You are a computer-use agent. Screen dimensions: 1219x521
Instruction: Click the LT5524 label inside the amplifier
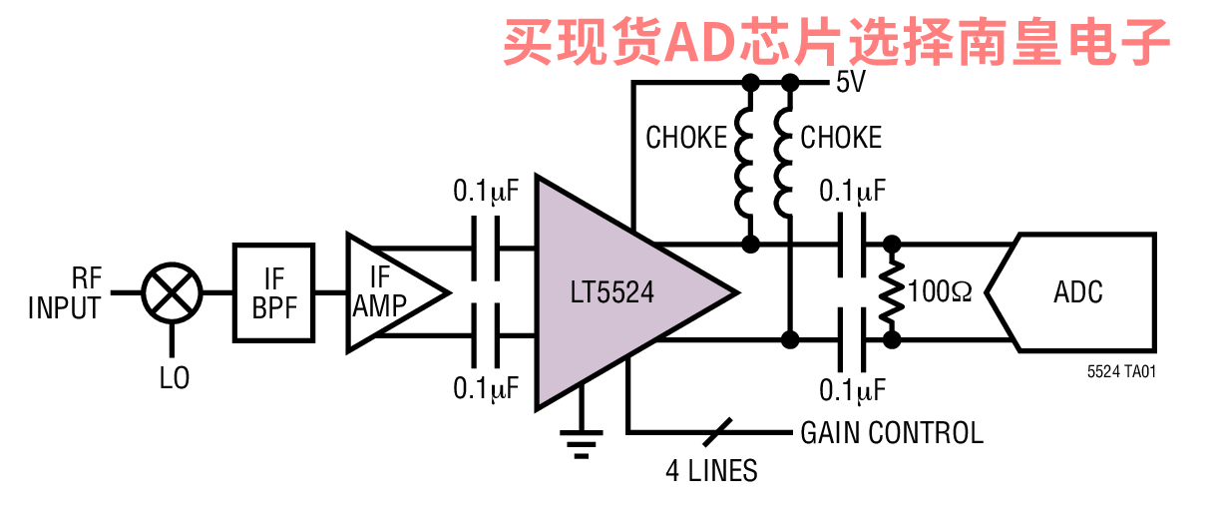click(611, 292)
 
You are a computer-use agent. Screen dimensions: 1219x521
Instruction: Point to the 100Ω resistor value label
click(940, 291)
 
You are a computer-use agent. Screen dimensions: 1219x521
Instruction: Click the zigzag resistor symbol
click(892, 291)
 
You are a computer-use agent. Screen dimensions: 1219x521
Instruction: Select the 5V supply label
click(851, 82)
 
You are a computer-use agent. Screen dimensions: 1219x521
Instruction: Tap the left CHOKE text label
click(686, 137)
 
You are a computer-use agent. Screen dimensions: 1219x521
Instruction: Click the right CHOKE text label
click(841, 137)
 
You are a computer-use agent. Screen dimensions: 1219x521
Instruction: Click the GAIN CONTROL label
click(892, 433)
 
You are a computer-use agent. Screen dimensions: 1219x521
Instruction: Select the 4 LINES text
click(711, 471)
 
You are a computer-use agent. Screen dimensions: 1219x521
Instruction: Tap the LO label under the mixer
click(175, 378)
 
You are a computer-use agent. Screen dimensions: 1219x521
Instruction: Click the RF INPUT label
click(65, 292)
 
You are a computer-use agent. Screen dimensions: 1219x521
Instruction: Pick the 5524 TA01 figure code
click(1121, 371)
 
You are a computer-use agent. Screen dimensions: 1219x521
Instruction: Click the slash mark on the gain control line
click(717, 433)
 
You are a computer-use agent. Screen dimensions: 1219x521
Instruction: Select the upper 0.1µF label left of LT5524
click(486, 191)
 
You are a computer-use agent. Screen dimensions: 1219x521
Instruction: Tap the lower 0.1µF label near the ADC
click(853, 390)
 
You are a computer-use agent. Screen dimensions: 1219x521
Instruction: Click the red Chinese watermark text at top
click(836, 42)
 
